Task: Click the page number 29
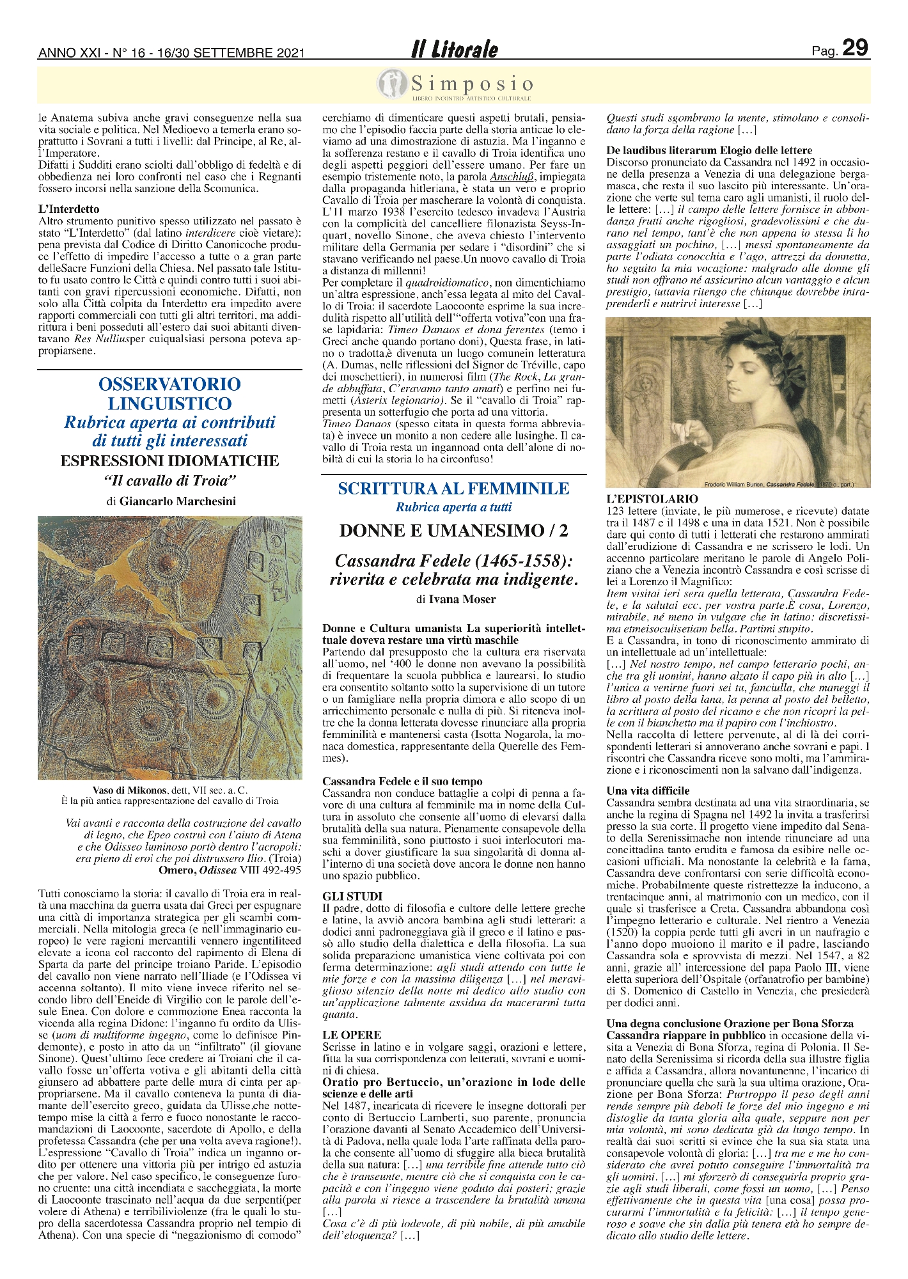[x=855, y=48]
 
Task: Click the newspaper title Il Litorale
[x=454, y=49]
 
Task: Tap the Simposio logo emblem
[x=391, y=83]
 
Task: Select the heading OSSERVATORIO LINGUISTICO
[x=169, y=393]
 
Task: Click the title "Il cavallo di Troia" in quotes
[x=170, y=480]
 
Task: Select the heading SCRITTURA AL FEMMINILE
[x=453, y=489]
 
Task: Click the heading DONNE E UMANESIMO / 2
[x=453, y=531]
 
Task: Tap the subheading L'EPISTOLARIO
[x=652, y=498]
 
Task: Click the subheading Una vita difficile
[x=648, y=791]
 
